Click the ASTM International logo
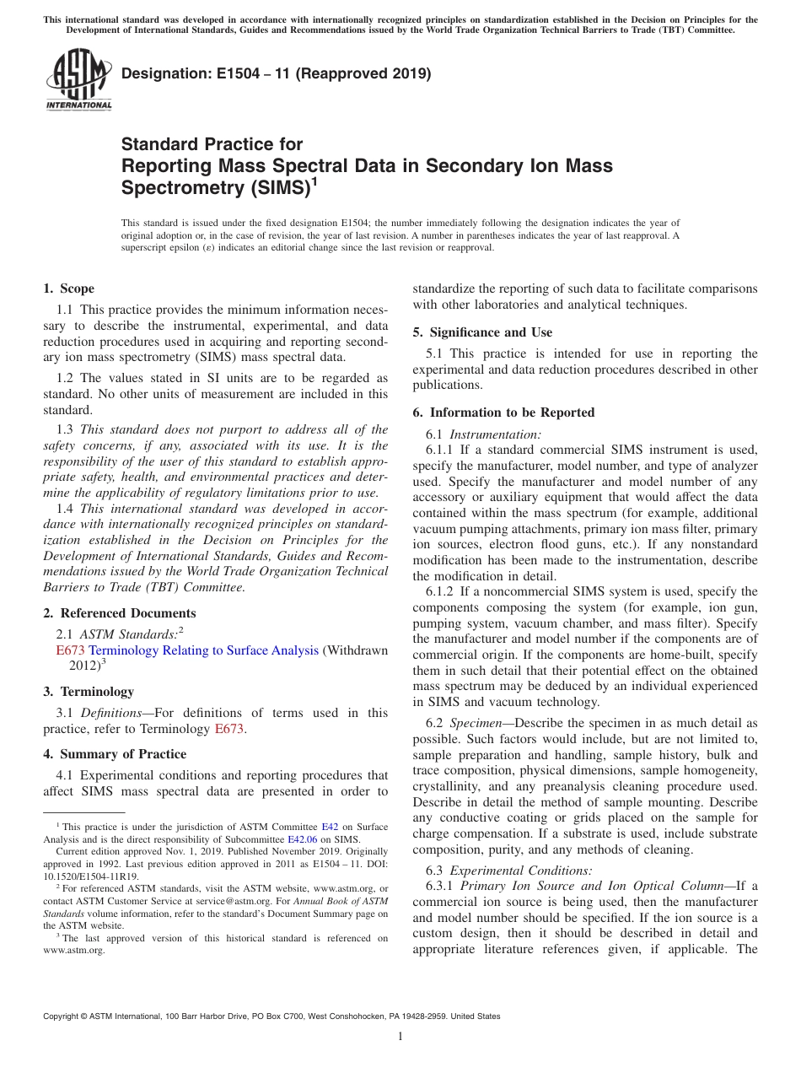click(x=78, y=80)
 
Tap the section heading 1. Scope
click(x=69, y=288)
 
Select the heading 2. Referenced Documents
click(x=120, y=613)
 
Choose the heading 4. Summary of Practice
click(x=115, y=754)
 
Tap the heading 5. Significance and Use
click(x=482, y=332)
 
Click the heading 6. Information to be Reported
click(x=503, y=412)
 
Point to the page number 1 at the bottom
click(x=400, y=1037)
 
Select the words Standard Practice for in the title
click(x=212, y=144)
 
